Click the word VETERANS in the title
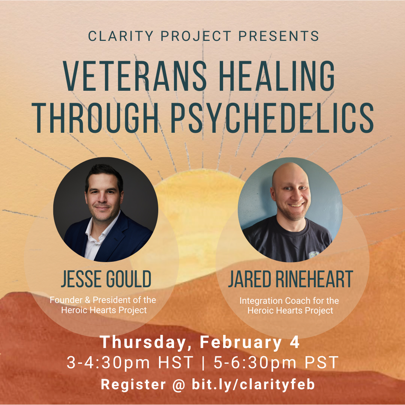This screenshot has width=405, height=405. pyautogui.click(x=135, y=76)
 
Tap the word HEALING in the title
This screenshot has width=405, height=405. pyautogui.click(x=277, y=76)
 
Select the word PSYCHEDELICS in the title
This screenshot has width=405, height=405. pyautogui.click(x=272, y=118)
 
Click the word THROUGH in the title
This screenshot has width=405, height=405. pyautogui.click(x=95, y=118)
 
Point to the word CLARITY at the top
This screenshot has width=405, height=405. pyautogui.click(x=121, y=36)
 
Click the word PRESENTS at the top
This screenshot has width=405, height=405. pyautogui.click(x=279, y=36)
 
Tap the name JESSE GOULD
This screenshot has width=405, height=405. pyautogui.click(x=106, y=279)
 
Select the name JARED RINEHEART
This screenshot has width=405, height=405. pyautogui.click(x=291, y=279)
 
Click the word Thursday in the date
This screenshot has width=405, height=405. pyautogui.click(x=142, y=342)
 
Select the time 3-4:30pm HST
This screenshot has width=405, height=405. pyautogui.click(x=130, y=362)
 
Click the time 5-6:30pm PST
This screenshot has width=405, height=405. pyautogui.click(x=276, y=362)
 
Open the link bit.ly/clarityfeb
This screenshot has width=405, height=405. pyautogui.click(x=253, y=384)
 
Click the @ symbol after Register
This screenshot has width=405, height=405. pyautogui.click(x=179, y=385)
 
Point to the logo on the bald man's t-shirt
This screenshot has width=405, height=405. pyautogui.click(x=314, y=255)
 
